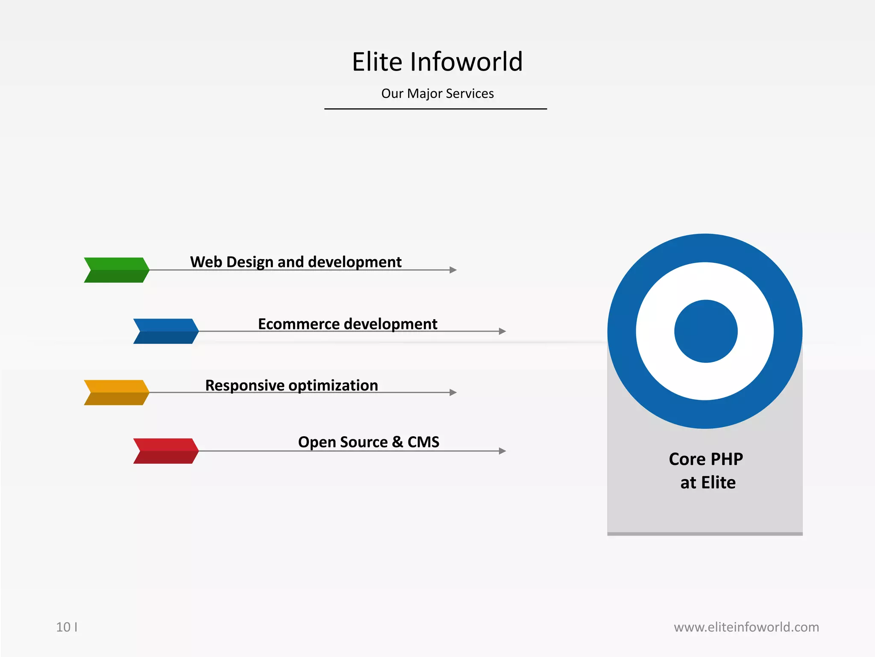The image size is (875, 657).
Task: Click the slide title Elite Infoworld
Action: click(437, 62)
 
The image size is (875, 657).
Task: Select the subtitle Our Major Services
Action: click(437, 93)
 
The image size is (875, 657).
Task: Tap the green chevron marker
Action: click(116, 270)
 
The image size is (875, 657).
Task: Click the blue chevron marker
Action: click(166, 331)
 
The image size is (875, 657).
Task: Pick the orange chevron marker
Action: click(116, 392)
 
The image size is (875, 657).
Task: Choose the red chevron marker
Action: click(166, 451)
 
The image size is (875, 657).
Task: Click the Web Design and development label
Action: click(296, 262)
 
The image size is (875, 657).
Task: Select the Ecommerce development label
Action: click(347, 324)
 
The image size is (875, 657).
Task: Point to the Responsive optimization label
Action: click(291, 385)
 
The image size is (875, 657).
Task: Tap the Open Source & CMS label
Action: click(368, 442)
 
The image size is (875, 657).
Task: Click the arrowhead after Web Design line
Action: click(453, 270)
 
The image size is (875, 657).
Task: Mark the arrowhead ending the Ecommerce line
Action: click(502, 331)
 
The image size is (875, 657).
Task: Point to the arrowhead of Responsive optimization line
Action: click(453, 392)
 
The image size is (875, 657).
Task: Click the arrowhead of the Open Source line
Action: click(502, 451)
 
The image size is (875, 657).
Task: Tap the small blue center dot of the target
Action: click(706, 331)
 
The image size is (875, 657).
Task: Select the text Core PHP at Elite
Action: click(706, 471)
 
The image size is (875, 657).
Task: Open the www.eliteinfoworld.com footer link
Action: click(746, 627)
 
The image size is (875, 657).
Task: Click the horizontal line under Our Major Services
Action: click(435, 109)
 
